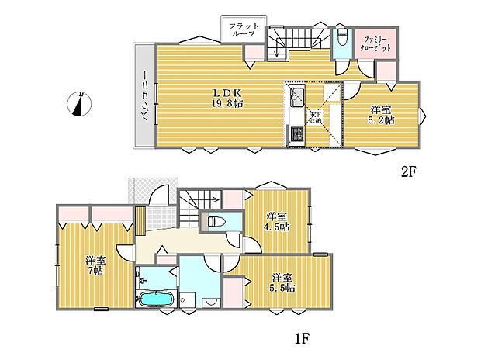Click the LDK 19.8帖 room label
pos(227,99)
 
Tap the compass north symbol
pos(79,104)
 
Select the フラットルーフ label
pos(244,30)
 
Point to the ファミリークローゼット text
pos(375,44)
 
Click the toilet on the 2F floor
pos(341,36)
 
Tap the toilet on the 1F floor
pos(216,221)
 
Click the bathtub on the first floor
pos(156,298)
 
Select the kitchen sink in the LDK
pos(296,94)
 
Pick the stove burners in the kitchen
pos(296,133)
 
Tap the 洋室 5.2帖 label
pos(381,115)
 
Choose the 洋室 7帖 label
pos(95,266)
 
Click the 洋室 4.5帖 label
pos(278,222)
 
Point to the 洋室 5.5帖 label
pos(284,282)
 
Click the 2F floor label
pos(408,171)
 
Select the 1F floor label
pos(301,339)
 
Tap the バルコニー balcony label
pos(145,95)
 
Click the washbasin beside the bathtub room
pos(142,279)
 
